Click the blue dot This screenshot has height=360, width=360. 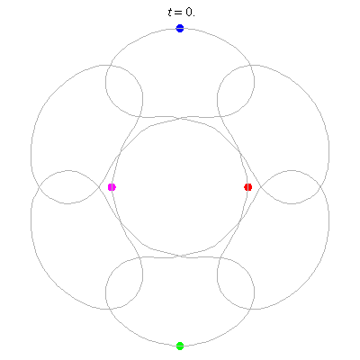coord(180,28)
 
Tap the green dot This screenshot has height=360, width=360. coord(180,346)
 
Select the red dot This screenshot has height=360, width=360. coord(248,187)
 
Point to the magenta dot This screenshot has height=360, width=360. coord(112,187)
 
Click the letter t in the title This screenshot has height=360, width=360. coord(170,13)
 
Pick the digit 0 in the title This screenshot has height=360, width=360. coord(188,13)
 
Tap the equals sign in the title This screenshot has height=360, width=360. coord(178,13)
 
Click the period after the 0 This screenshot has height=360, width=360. coord(193,15)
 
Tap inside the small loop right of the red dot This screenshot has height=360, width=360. coord(291,187)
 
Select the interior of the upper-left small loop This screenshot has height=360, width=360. coord(124,90)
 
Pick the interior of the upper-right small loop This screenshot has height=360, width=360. coord(236,90)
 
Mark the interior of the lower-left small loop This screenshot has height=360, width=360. coord(124,283)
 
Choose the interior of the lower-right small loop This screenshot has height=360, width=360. coord(236,283)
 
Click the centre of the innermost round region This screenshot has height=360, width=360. coord(180,187)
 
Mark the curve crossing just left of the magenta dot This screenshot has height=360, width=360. coord(100,187)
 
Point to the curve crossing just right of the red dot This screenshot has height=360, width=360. coord(260,187)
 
